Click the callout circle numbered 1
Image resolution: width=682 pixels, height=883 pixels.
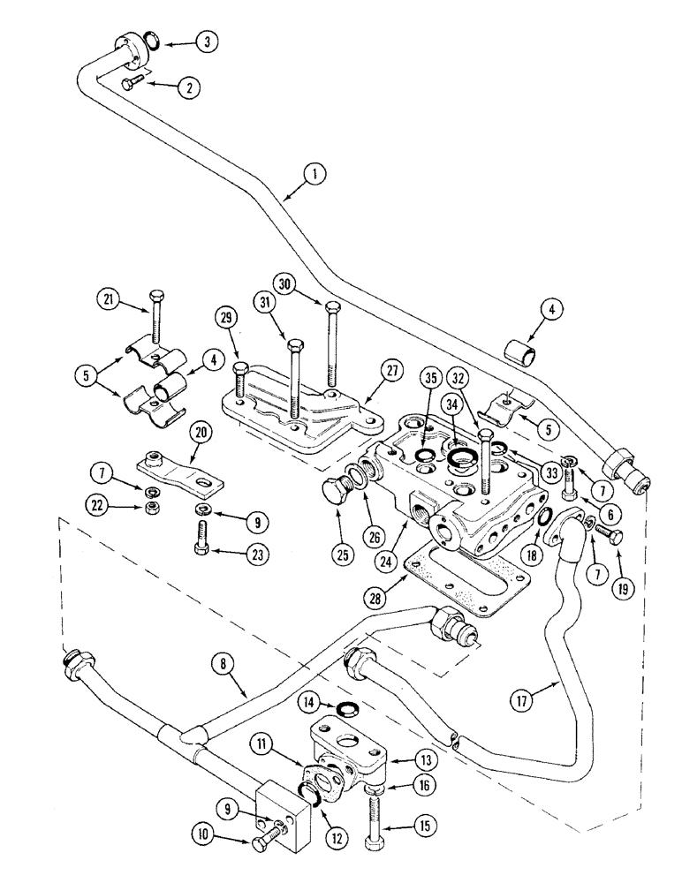310,175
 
